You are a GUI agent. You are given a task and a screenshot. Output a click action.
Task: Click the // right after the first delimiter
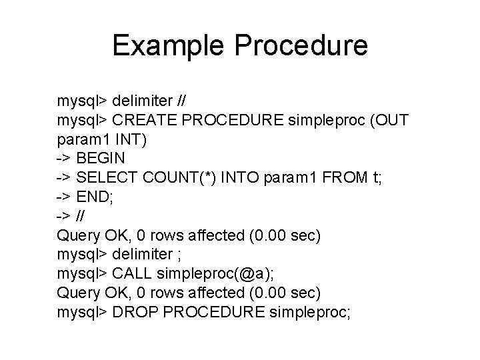pyautogui.click(x=181, y=101)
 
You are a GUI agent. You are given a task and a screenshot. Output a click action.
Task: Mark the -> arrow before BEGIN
pyautogui.click(x=64, y=159)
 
